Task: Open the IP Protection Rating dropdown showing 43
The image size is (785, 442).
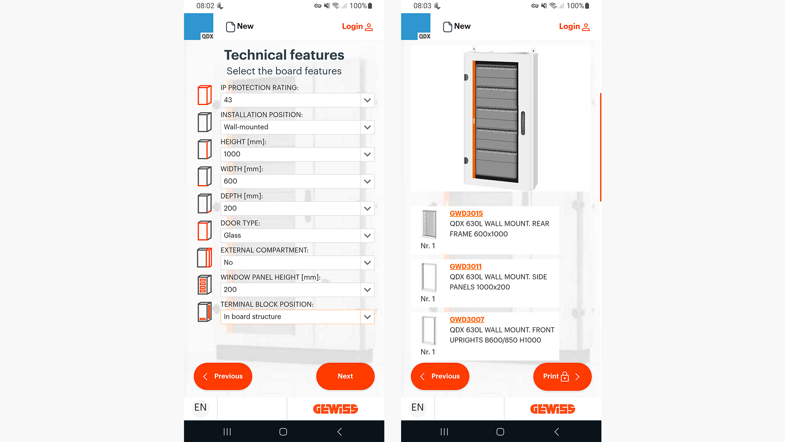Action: (297, 100)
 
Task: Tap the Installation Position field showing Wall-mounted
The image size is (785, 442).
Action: (297, 127)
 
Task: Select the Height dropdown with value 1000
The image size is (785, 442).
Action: (297, 154)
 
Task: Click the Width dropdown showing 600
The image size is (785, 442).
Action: (297, 181)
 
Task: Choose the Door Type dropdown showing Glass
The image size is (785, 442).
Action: (297, 235)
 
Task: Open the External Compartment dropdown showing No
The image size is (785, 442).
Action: (297, 262)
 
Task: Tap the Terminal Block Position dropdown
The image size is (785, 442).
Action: (297, 317)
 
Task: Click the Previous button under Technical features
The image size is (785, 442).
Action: (223, 376)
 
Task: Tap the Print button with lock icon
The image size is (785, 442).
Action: (562, 377)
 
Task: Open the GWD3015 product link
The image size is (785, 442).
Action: (466, 213)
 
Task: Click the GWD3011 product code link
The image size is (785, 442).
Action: (465, 266)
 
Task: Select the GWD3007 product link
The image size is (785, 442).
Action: (467, 320)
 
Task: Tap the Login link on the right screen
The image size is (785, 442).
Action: (574, 27)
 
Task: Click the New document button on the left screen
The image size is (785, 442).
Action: (240, 27)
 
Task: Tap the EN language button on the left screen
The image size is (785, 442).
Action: (200, 408)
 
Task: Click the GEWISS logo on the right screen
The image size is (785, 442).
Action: (553, 409)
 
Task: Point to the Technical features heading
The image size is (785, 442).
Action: (284, 55)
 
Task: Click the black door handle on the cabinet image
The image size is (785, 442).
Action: (523, 123)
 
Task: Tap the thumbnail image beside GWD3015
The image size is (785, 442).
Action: (429, 224)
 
